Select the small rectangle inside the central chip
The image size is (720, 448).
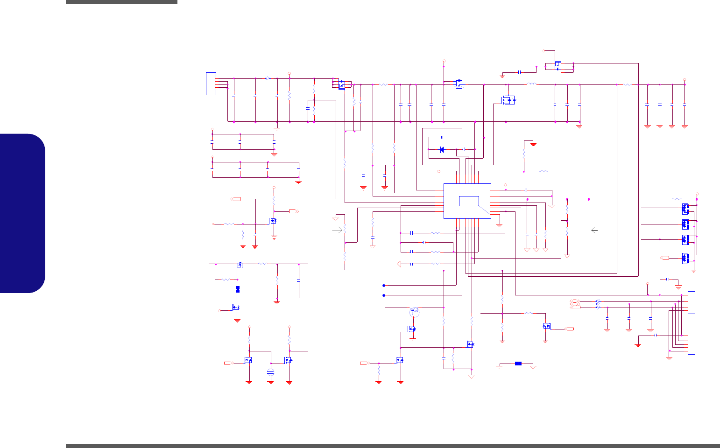(x=469, y=201)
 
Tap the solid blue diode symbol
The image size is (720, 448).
(x=442, y=150)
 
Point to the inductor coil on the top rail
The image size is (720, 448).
(x=531, y=84)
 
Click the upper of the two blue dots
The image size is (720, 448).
(x=384, y=285)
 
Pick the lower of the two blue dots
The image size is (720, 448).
(x=384, y=295)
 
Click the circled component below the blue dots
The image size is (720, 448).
(x=414, y=312)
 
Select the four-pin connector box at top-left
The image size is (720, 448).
(x=211, y=84)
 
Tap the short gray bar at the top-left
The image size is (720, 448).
(x=121, y=2)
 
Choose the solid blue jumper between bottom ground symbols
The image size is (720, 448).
(x=518, y=364)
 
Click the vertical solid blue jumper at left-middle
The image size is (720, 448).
(x=238, y=289)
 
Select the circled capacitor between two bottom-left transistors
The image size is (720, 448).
(x=270, y=372)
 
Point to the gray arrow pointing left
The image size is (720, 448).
(x=594, y=230)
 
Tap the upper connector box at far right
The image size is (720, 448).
(x=692, y=302)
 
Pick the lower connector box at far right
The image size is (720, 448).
(x=692, y=343)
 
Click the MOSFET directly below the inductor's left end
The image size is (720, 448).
(x=508, y=100)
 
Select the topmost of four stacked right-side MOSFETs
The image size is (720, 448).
(x=685, y=208)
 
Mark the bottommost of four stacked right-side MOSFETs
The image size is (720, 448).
(x=685, y=258)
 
